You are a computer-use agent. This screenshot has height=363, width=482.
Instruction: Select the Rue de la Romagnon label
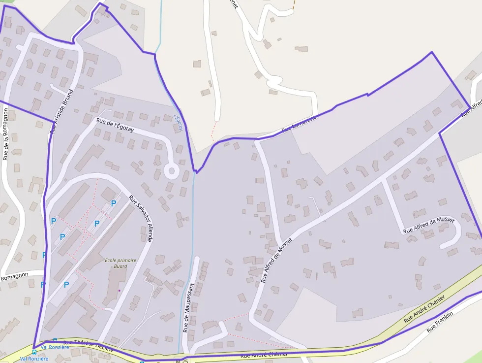(6, 134)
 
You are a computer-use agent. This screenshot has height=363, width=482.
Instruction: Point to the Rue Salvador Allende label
(141, 219)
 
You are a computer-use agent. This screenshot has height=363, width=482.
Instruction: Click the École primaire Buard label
(120, 263)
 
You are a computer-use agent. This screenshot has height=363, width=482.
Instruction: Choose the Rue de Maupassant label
(189, 307)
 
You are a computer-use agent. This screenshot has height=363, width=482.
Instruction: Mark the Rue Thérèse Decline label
(89, 345)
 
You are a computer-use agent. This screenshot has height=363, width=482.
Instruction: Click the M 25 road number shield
(181, 361)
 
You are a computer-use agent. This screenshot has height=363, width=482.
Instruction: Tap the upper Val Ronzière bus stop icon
(55, 340)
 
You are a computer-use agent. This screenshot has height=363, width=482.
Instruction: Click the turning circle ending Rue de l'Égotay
(171, 171)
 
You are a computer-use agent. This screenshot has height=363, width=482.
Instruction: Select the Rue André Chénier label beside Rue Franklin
(424, 309)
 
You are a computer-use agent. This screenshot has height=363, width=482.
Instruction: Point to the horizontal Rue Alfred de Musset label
(428, 225)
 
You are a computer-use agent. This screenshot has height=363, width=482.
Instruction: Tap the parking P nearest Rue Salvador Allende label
(114, 203)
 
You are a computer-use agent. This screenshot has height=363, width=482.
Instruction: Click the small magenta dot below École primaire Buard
(119, 291)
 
